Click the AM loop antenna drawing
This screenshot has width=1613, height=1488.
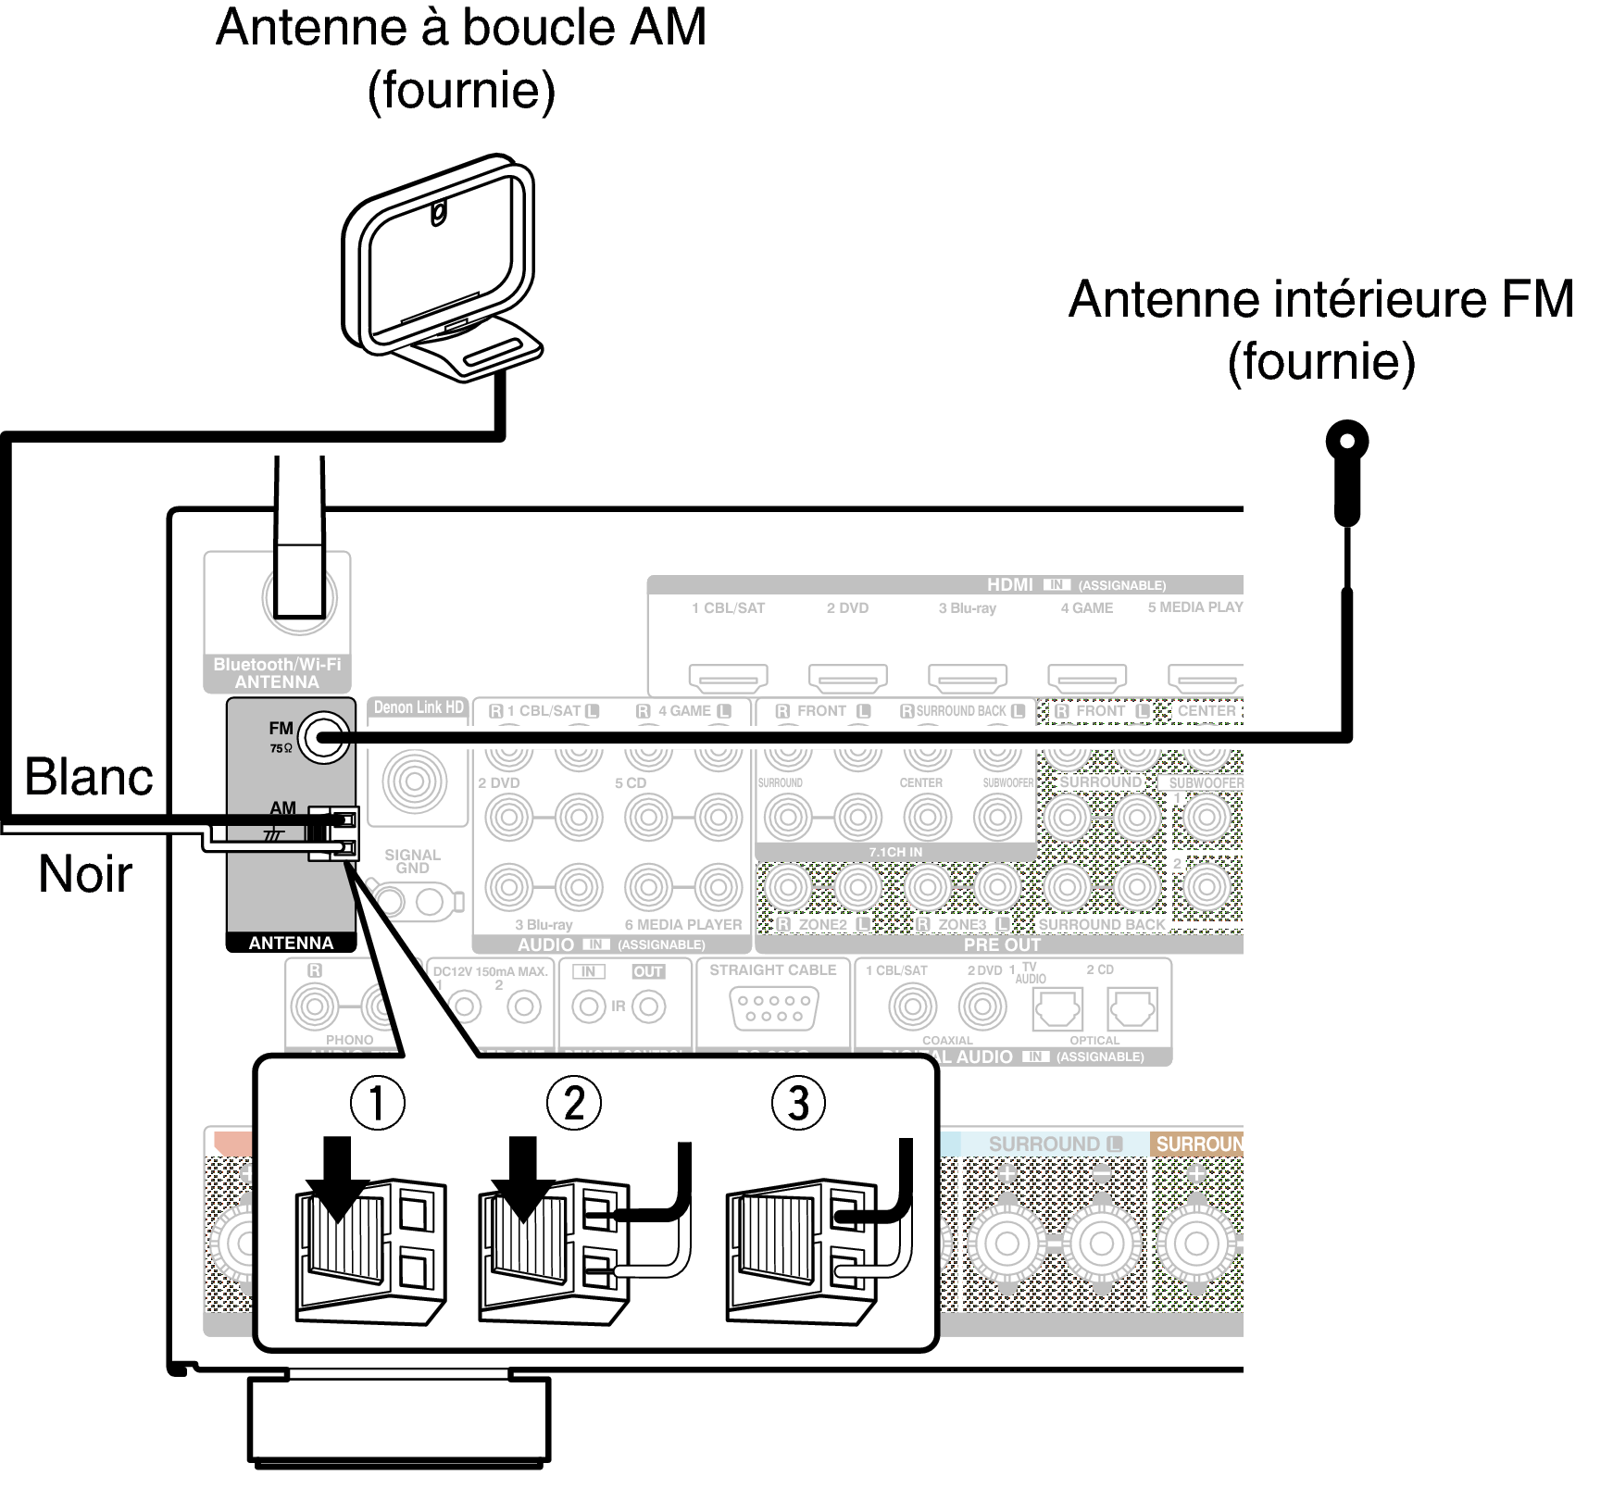(x=440, y=269)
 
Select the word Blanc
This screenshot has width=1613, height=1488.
(x=89, y=776)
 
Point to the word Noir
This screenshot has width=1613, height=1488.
(x=85, y=874)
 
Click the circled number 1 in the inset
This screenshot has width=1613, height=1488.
(x=377, y=1103)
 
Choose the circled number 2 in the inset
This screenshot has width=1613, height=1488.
(x=574, y=1103)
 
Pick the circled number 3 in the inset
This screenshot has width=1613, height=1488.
(x=798, y=1103)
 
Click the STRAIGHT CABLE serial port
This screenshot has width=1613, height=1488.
(x=772, y=1007)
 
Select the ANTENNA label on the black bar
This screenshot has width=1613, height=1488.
(x=291, y=943)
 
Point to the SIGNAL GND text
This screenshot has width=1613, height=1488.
(x=412, y=861)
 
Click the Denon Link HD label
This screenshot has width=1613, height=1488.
(x=419, y=707)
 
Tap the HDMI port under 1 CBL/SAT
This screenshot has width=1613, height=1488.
(x=728, y=678)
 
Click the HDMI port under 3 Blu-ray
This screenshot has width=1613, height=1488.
(x=967, y=678)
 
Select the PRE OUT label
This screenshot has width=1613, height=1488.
(x=1002, y=945)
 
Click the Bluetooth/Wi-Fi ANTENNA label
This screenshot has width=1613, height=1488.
(x=277, y=673)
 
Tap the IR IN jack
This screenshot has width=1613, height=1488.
(x=588, y=1007)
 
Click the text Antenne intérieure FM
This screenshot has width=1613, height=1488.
(x=1321, y=300)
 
